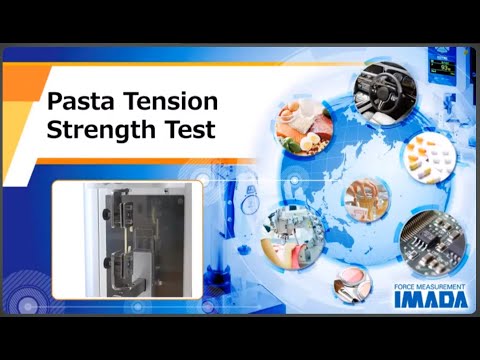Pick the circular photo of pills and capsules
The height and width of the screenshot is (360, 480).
[429, 154]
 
